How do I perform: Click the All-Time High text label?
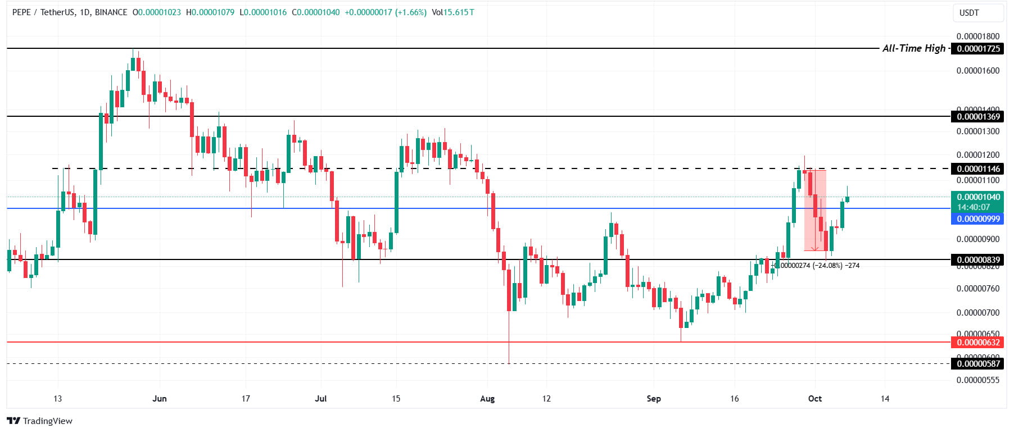[914, 48]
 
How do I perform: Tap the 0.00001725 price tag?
[979, 49]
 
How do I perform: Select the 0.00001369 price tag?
[979, 117]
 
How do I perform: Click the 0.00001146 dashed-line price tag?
[979, 169]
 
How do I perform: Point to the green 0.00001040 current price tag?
[979, 197]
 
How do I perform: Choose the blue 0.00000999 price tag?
[979, 219]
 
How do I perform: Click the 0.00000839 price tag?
[979, 260]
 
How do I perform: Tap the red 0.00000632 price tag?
[979, 343]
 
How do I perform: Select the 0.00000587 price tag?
[979, 364]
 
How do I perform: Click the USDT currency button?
[969, 12]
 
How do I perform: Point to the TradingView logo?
[40, 421]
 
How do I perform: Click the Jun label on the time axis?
[160, 399]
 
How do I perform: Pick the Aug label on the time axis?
[487, 399]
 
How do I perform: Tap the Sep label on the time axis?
[654, 399]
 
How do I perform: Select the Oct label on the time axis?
[815, 399]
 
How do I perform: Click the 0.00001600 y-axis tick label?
[978, 71]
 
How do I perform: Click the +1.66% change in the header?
[411, 12]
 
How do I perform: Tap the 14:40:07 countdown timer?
[974, 207]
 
